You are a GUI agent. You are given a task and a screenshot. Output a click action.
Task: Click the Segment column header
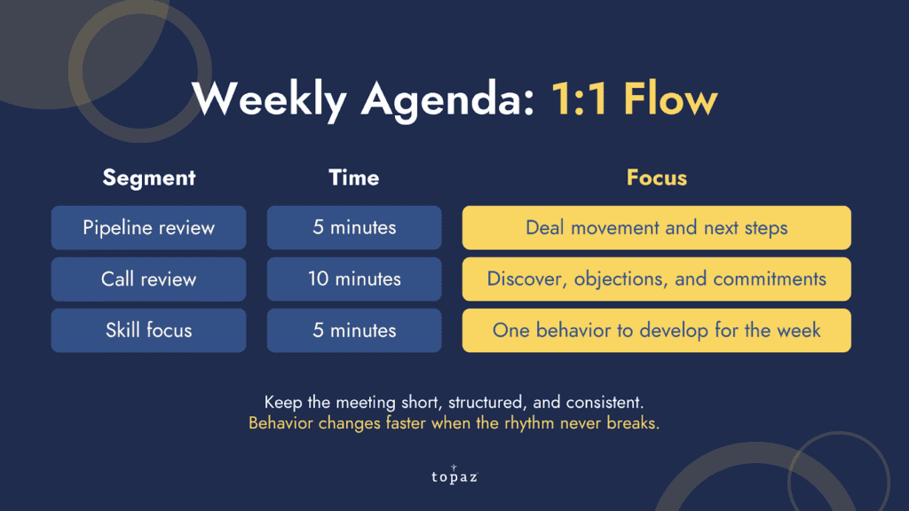149,177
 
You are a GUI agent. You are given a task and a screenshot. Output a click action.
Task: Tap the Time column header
354,177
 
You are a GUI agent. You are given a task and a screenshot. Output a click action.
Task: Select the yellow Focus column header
656,177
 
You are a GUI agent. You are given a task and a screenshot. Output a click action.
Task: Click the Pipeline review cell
148,228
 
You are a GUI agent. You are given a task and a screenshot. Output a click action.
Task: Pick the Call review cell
148,279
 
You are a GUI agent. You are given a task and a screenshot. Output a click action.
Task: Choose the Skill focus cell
148,330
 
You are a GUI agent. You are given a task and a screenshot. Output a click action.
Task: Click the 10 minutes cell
354,279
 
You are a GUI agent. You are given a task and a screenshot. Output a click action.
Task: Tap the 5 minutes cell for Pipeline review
354,228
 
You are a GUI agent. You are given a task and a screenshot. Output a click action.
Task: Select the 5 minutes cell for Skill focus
354,330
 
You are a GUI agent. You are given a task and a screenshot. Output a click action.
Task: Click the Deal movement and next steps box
656,228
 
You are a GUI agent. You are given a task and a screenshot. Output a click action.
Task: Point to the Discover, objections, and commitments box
656,279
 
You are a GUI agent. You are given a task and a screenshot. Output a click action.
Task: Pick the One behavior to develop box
656,330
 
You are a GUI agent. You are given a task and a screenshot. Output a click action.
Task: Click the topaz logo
454,475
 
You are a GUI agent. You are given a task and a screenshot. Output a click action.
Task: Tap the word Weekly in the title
269,99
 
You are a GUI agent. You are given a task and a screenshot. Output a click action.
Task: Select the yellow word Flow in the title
671,98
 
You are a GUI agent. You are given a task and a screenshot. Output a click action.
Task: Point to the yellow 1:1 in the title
579,98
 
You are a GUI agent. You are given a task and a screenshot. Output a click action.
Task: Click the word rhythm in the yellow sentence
529,423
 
